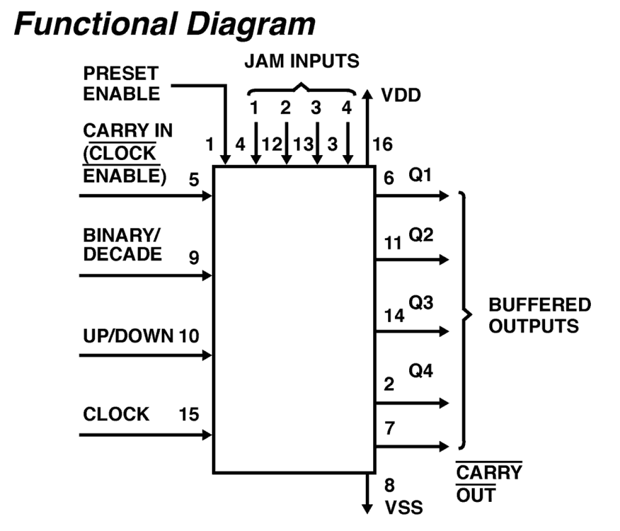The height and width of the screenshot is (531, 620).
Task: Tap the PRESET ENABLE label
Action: point(121,83)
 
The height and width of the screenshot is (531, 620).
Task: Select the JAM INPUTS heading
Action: point(302,61)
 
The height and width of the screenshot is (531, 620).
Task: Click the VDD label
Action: point(401,95)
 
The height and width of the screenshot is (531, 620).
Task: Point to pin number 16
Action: point(383,144)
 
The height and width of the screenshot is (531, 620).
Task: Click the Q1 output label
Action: point(420,174)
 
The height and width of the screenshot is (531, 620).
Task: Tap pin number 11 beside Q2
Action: point(393,243)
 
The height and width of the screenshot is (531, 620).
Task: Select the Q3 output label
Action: point(421,302)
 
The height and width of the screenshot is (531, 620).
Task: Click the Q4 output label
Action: point(421,370)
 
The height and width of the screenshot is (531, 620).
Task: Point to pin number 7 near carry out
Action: point(389,428)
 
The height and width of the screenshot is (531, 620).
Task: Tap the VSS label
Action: point(403,507)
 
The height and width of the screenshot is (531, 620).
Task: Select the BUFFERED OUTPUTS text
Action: point(539,315)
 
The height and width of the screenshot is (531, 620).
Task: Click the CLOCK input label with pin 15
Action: point(116,414)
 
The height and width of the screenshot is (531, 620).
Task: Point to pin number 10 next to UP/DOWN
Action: point(189,336)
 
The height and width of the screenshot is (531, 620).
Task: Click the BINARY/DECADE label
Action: point(122,245)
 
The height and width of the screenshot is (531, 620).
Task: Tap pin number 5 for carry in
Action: point(194,180)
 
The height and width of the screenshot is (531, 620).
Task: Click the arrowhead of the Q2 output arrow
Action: point(444,259)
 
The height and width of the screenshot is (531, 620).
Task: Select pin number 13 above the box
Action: point(303,144)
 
